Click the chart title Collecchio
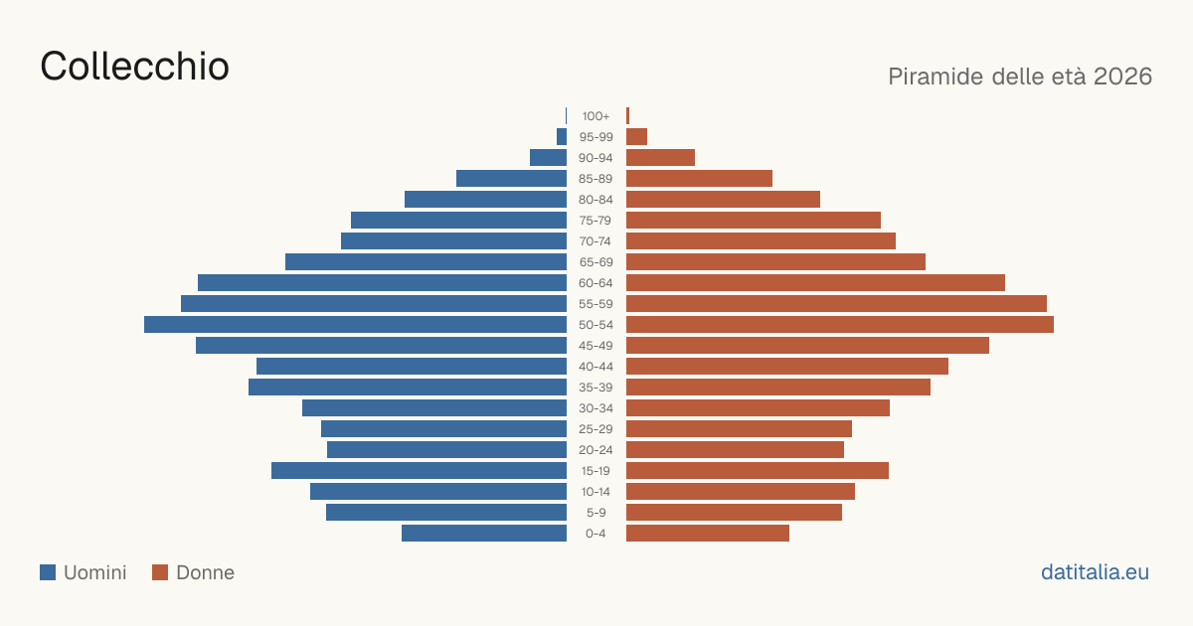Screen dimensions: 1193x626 tap(135, 67)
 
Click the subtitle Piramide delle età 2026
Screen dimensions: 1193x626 tap(1020, 77)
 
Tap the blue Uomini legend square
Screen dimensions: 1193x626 tap(48, 572)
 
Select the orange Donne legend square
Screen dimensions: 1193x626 tap(160, 572)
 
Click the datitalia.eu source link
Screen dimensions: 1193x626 tap(1095, 572)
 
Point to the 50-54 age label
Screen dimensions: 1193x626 tap(596, 325)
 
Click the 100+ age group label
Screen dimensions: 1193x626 tap(596, 116)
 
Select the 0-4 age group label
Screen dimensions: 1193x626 tap(596, 534)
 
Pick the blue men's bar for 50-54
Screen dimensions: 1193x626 tap(355, 325)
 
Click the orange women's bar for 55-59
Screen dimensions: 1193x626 tap(836, 304)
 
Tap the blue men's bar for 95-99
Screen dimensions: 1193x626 tap(562, 137)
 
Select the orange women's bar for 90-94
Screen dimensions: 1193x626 tap(660, 158)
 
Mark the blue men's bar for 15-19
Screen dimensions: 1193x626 tap(420, 471)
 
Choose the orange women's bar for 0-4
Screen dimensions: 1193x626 tap(708, 534)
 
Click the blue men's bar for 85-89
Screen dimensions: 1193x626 tap(511, 178)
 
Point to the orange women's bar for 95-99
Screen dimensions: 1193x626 tap(636, 137)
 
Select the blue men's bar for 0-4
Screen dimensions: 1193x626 tap(484, 534)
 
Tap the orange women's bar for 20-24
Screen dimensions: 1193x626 tap(735, 450)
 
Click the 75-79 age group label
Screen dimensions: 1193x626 tap(596, 221)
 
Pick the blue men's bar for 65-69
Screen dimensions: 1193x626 tap(426, 262)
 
